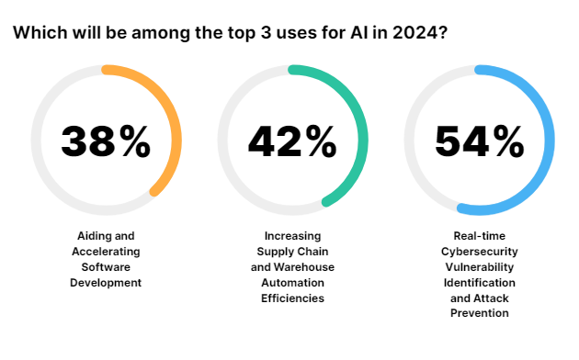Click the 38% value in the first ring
tap(106, 141)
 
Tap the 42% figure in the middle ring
tap(292, 141)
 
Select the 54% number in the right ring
tap(479, 141)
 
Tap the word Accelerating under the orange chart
tap(106, 251)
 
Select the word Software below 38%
tap(106, 266)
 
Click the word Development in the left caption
tap(106, 282)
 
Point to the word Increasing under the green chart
tap(292, 235)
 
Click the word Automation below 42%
tap(292, 282)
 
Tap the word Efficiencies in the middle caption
tap(292, 298)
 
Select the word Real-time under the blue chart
tap(478, 235)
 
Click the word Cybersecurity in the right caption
tap(478, 251)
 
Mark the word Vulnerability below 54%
tap(478, 266)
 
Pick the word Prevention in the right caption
tap(478, 313)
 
